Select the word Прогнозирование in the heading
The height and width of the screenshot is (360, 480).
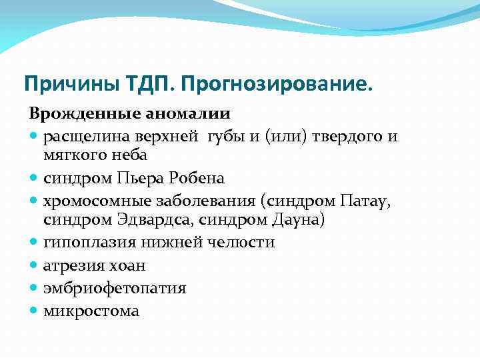pyautogui.click(x=273, y=84)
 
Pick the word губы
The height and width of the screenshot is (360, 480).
pyautogui.click(x=225, y=136)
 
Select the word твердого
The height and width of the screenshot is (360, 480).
pyautogui.click(x=337, y=136)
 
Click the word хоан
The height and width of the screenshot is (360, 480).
pyautogui.click(x=127, y=265)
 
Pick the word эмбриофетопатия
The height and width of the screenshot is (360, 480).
pyautogui.click(x=115, y=288)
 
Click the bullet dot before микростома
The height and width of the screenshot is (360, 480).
pyautogui.click(x=34, y=311)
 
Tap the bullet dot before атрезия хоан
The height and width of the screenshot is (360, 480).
pyautogui.click(x=34, y=265)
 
